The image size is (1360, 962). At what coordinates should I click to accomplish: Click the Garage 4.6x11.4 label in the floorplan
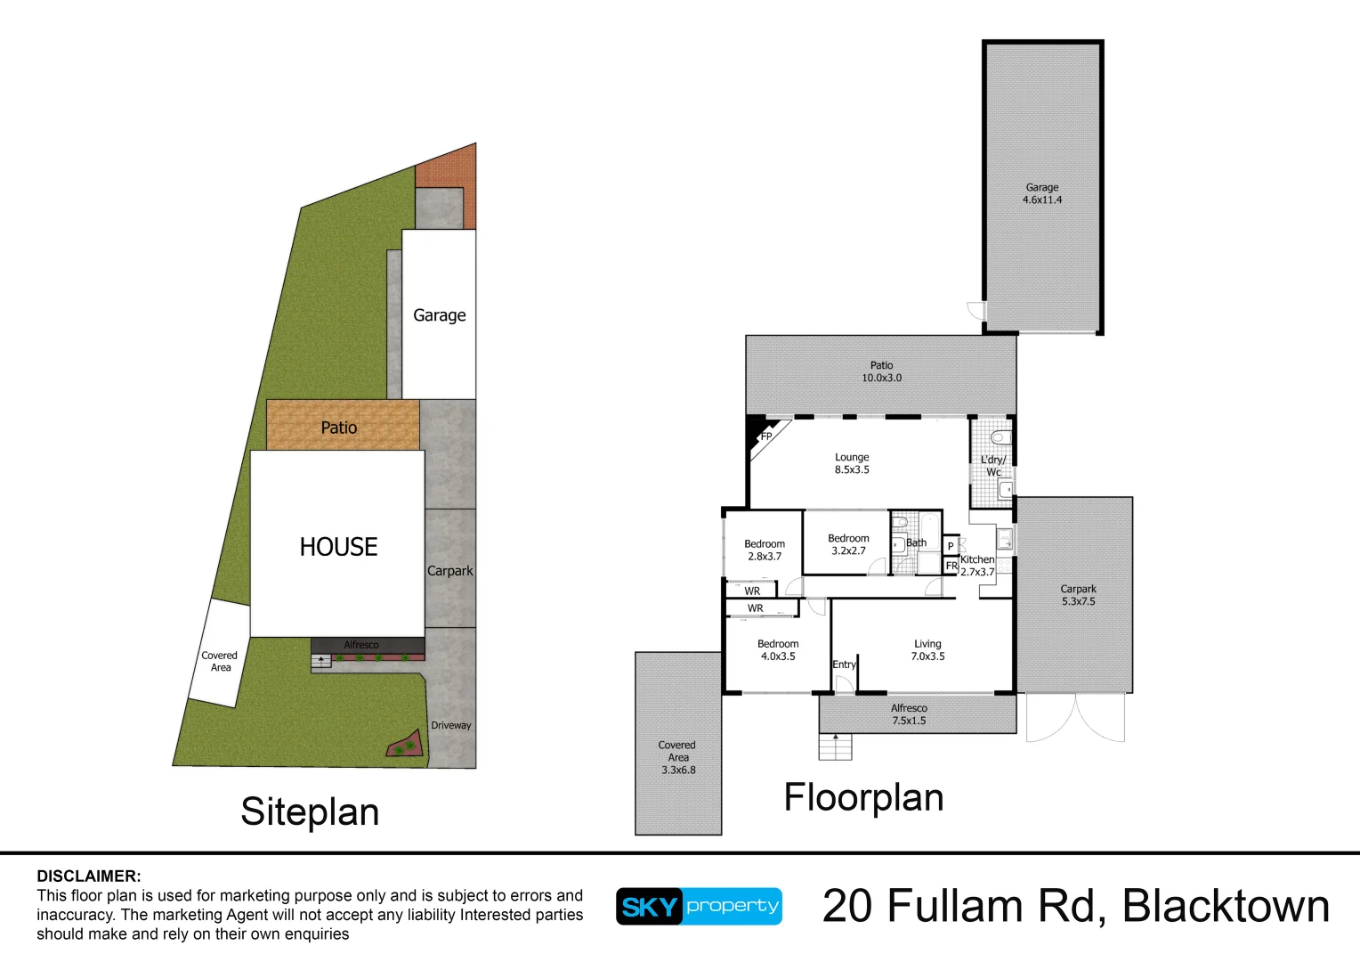tap(1041, 194)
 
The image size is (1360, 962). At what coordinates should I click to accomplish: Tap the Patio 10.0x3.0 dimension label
tap(881, 371)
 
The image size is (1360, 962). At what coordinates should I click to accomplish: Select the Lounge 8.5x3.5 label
tap(852, 463)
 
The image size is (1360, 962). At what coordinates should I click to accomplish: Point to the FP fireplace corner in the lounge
tap(764, 436)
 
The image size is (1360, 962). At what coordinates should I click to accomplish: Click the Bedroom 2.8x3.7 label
tap(765, 550)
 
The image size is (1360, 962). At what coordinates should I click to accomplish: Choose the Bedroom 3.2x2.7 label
tap(848, 544)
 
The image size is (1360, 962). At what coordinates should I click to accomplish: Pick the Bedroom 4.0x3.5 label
tap(778, 650)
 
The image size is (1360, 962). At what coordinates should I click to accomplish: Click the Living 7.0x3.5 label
tap(927, 650)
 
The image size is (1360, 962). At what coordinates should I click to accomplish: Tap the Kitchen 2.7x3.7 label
tap(977, 566)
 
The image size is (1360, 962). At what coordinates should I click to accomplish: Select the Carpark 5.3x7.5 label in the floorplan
tap(1078, 595)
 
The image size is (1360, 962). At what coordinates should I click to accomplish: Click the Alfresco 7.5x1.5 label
tap(909, 714)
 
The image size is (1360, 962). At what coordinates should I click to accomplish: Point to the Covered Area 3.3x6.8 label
tap(677, 757)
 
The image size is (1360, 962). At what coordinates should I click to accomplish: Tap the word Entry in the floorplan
tap(844, 664)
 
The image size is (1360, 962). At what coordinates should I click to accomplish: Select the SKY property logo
tap(699, 907)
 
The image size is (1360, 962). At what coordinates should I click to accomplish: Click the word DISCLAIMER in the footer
tap(89, 876)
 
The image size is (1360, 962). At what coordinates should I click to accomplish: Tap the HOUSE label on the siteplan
tap(338, 547)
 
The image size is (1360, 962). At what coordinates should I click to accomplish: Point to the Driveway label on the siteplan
tap(451, 725)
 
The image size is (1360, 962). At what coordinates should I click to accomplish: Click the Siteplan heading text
tap(310, 812)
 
